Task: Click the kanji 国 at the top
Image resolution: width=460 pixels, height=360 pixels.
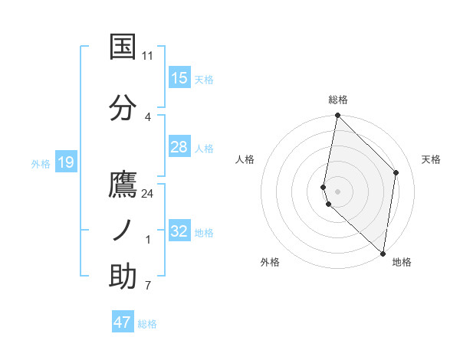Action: click(123, 47)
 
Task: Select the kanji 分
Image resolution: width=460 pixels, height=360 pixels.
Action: click(123, 109)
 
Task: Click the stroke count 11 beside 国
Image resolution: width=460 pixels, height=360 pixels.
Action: click(147, 56)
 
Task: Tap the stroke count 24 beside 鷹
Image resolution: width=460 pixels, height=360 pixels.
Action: click(148, 194)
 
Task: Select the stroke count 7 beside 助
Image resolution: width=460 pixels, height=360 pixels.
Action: click(147, 286)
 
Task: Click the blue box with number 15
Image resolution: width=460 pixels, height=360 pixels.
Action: click(179, 78)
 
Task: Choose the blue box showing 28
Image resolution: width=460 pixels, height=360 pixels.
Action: click(179, 147)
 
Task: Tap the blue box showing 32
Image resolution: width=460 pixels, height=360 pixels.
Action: click(179, 231)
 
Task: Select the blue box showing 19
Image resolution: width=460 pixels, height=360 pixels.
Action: click(66, 162)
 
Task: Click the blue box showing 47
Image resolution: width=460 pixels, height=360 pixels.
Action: click(123, 322)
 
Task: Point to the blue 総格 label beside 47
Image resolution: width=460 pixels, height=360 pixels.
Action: click(147, 324)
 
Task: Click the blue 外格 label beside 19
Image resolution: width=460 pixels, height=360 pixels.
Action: click(41, 163)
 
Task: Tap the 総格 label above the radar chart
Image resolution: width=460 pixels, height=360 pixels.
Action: click(337, 100)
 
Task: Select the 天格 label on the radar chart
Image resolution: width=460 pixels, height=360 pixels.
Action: click(432, 159)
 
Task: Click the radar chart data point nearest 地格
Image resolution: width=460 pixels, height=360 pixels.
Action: click(383, 254)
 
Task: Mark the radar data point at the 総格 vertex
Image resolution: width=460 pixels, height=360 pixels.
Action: click(337, 116)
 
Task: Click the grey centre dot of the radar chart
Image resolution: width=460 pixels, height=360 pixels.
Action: click(337, 191)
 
